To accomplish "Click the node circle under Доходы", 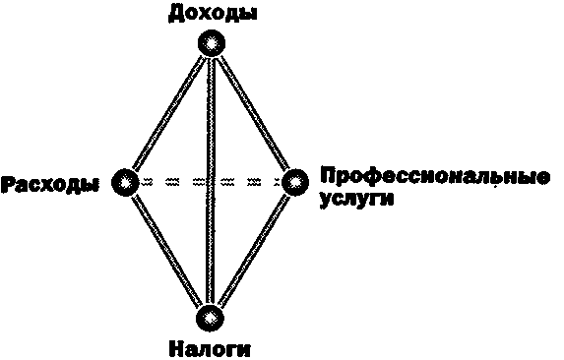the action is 210,44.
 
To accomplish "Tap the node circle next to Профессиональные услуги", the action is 294,182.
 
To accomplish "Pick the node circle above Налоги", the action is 210,318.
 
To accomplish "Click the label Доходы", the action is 209,13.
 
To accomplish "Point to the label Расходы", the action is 50,184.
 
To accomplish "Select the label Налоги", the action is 210,348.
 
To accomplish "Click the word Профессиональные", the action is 433,178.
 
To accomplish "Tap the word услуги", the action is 355,200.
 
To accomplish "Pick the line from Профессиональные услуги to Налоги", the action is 252,250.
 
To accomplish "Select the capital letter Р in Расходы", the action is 8,184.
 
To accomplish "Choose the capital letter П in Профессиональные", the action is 328,177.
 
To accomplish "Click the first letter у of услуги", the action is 326,201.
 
